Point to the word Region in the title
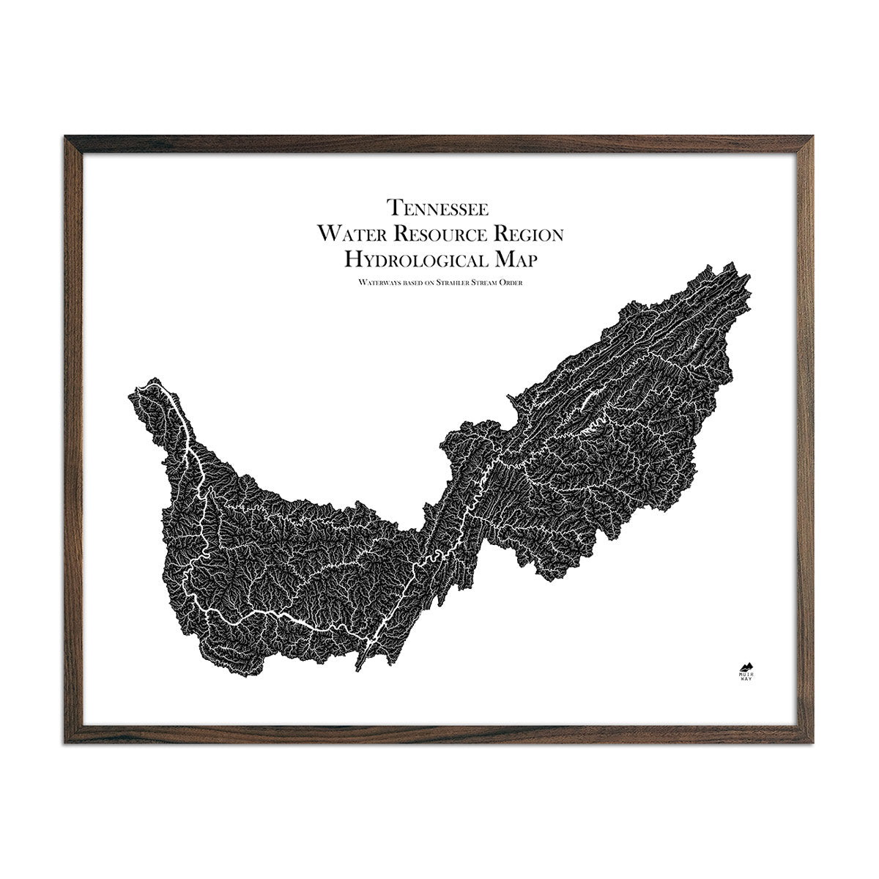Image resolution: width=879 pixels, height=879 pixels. [x=529, y=234]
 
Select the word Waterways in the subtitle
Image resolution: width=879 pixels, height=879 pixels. [x=374, y=281]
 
